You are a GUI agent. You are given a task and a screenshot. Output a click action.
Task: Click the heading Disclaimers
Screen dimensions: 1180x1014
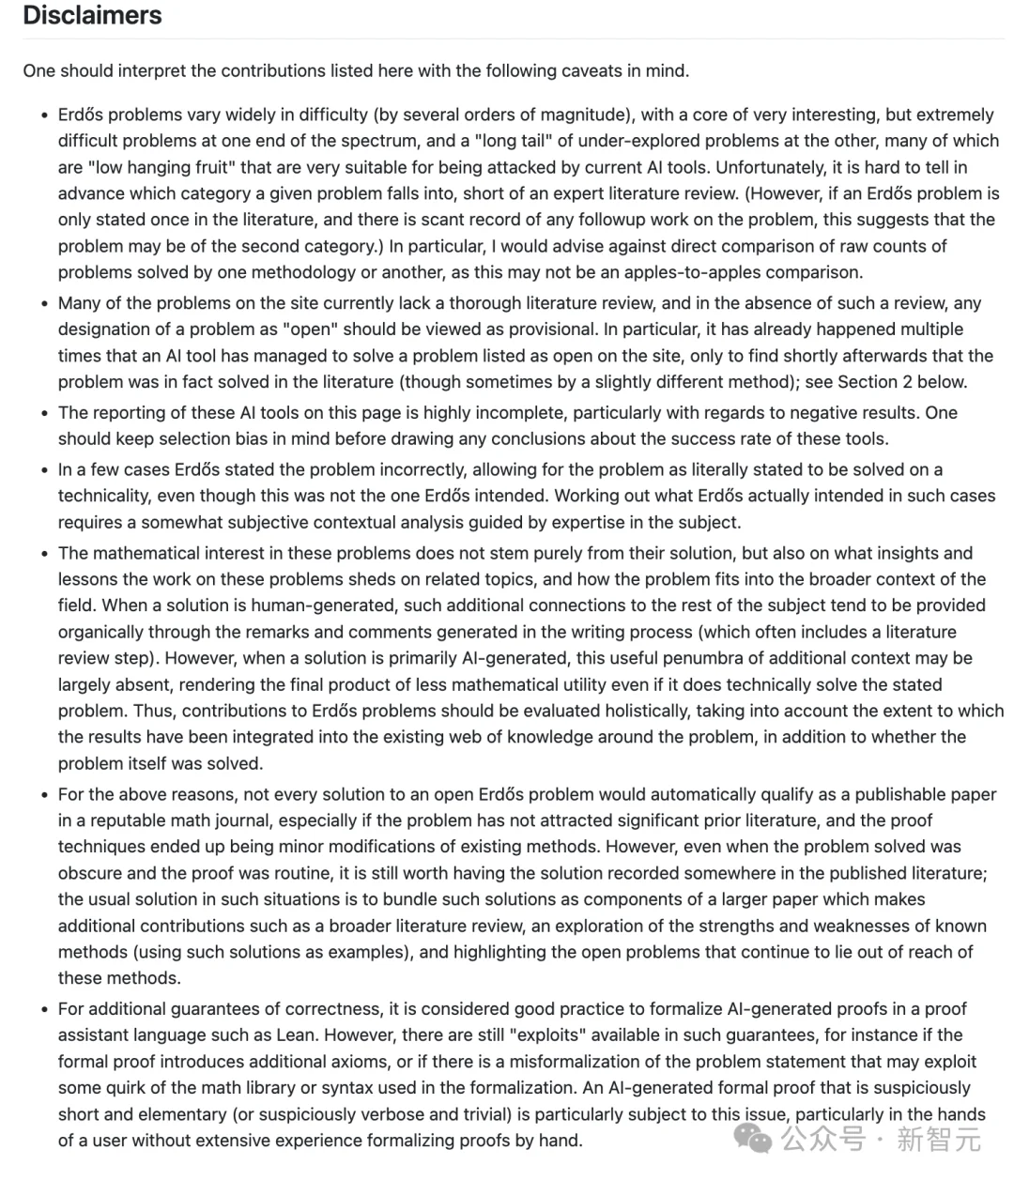(x=92, y=16)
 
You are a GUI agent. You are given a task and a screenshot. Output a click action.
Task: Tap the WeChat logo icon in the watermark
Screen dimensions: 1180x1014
(x=753, y=1139)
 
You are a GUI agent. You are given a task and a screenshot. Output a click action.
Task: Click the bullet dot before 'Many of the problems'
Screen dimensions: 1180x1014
(x=44, y=303)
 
